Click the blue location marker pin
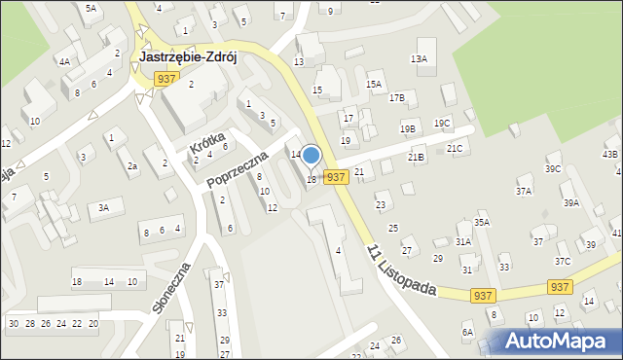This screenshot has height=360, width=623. click(311, 157)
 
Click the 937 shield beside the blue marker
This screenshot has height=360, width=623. click(336, 177)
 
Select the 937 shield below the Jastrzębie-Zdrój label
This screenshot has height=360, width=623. click(165, 78)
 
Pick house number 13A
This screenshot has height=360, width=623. click(419, 59)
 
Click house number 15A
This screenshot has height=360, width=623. click(374, 85)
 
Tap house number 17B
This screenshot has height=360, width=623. click(396, 98)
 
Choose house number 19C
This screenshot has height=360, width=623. click(442, 124)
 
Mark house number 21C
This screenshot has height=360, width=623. click(455, 149)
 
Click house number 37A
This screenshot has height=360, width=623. click(524, 192)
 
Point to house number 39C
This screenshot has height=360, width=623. click(553, 169)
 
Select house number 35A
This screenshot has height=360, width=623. click(482, 223)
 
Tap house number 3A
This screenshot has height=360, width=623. click(103, 207)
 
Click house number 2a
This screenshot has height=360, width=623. click(131, 166)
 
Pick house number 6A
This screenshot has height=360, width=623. click(467, 333)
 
